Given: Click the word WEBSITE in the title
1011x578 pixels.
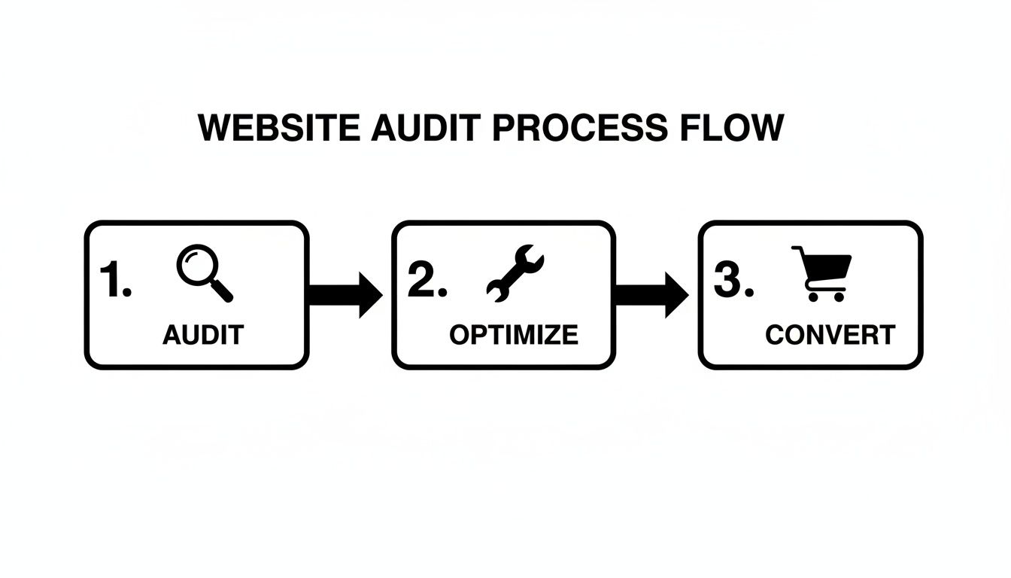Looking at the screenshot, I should [279, 129].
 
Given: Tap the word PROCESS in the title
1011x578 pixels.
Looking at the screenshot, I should [579, 129].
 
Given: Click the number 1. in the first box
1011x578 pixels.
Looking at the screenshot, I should [115, 281].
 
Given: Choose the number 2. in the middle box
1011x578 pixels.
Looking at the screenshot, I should [427, 281].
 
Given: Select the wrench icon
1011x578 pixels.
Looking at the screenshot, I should [515, 273].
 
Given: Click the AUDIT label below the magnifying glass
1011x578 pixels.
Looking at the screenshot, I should [203, 335].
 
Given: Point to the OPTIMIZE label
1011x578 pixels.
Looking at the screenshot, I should [514, 335].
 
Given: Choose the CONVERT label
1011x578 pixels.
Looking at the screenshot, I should [830, 335].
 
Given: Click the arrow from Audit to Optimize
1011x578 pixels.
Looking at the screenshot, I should [345, 294].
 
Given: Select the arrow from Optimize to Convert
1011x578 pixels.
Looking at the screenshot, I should [651, 294].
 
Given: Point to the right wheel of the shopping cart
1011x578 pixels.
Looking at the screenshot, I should [838, 297].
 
